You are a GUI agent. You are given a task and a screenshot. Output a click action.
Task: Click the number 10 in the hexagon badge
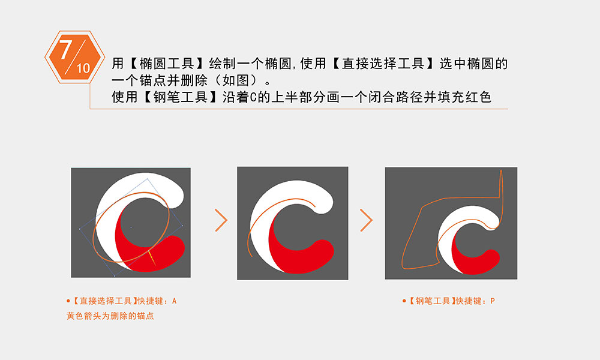tap(83, 68)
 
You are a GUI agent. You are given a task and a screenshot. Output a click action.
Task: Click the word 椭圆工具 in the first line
tap(167, 64)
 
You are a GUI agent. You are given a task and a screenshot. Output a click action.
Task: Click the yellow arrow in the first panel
tap(152, 257)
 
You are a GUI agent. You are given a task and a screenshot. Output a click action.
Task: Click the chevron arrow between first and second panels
tap(221, 220)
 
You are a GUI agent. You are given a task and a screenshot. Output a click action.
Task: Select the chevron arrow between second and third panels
tap(366, 220)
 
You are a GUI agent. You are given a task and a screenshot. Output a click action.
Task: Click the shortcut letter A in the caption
tap(175, 301)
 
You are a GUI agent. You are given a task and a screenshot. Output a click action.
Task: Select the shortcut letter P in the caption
tap(493, 301)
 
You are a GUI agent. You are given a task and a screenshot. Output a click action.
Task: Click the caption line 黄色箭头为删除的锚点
tap(110, 316)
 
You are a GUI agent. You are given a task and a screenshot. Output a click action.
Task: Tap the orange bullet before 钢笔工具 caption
tap(404, 301)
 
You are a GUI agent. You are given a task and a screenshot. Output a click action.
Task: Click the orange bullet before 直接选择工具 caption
tap(68, 301)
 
